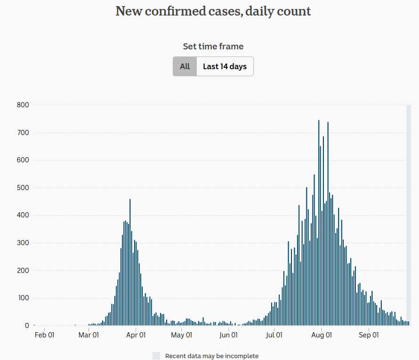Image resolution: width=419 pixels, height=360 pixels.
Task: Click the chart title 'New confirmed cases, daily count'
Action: coord(213,11)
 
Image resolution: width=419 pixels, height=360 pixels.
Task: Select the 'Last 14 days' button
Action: coord(225,66)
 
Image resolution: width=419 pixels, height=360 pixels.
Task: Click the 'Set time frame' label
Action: coord(213,47)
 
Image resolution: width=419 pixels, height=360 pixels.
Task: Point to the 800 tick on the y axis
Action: coord(23,105)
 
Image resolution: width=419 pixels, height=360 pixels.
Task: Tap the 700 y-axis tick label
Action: coord(23,133)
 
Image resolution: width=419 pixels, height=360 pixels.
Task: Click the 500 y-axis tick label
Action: coord(23,188)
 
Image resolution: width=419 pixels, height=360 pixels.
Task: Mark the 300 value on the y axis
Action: coord(23,243)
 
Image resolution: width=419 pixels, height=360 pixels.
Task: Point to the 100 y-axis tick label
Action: coord(23,298)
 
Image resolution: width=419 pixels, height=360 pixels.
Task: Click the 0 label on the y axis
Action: coord(27,326)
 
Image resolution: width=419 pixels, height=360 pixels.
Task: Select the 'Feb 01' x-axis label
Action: coord(45,335)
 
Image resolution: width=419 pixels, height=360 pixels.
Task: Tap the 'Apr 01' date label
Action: coord(136,335)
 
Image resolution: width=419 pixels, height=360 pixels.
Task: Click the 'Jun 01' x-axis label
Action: coord(228,335)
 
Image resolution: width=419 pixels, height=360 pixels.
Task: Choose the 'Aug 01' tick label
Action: coord(322,335)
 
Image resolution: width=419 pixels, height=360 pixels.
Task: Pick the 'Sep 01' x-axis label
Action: coord(369,335)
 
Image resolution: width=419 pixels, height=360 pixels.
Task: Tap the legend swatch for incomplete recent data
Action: coord(156,356)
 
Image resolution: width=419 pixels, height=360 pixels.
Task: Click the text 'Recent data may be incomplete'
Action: coord(212,356)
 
